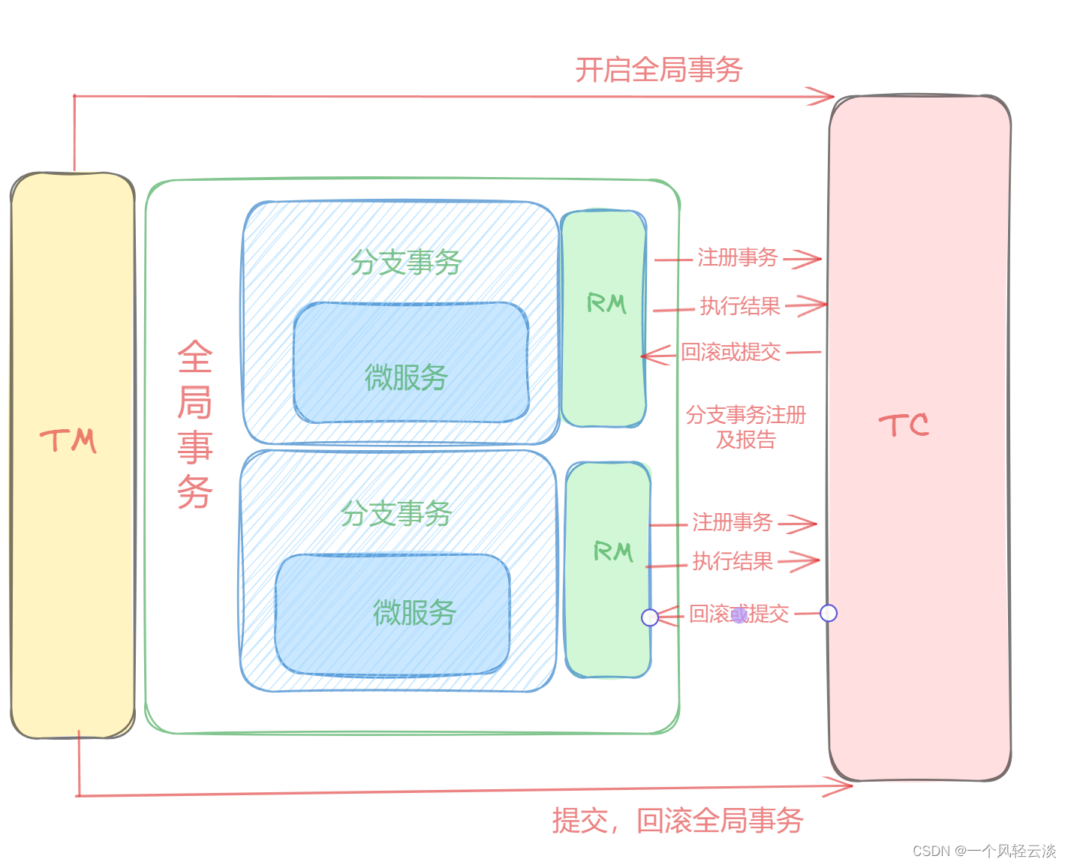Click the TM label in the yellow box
tap(68, 441)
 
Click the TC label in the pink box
tap(904, 425)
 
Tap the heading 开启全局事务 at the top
tap(658, 70)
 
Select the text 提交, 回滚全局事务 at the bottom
tap(678, 820)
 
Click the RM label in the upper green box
tap(606, 304)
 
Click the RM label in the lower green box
tap(613, 552)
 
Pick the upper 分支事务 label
tap(405, 262)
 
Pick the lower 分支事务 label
tap(396, 514)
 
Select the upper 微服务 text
tap(406, 377)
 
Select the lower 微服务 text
tap(414, 613)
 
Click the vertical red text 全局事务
tap(195, 425)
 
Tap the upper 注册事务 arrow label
tap(737, 258)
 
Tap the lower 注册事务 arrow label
tap(732, 522)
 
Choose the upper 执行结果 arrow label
tap(740, 306)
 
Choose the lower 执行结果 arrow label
tap(732, 561)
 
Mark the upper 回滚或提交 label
tap(730, 353)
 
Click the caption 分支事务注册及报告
tap(745, 427)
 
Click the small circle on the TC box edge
tap(829, 613)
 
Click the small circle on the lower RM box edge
tap(650, 617)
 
